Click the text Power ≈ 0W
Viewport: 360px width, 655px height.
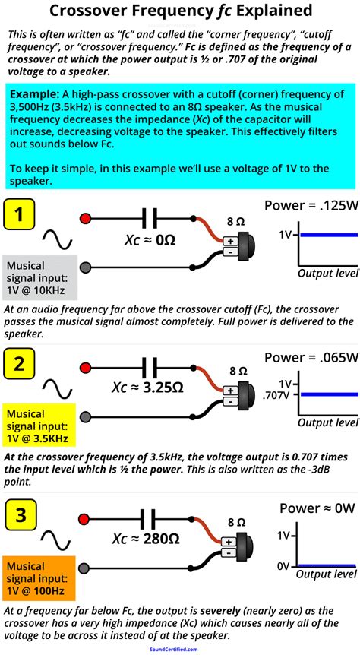[315, 508]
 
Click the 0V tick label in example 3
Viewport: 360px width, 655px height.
[284, 565]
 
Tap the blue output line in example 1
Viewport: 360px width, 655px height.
[327, 235]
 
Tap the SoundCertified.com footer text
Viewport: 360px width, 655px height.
[180, 650]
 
